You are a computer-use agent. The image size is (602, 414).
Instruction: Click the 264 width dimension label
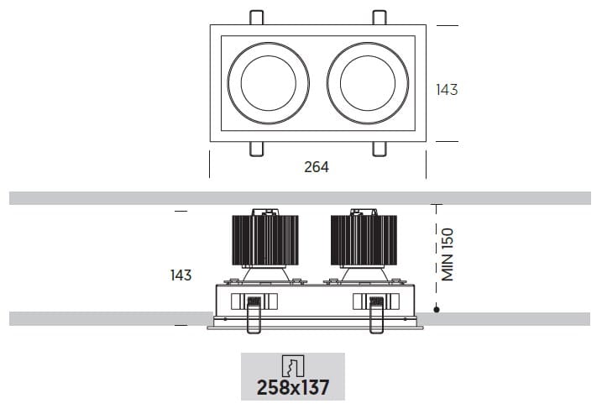coord(316,167)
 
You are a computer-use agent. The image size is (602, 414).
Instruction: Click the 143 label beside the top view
coord(447,89)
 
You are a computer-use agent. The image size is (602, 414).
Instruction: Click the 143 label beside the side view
coord(181,275)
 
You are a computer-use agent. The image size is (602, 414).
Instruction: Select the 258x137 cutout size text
coord(292,387)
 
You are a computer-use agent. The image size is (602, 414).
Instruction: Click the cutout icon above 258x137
coord(292,365)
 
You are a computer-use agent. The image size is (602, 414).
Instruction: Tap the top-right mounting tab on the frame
coord(380,18)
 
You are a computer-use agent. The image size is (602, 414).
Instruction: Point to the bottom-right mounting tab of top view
coord(380,149)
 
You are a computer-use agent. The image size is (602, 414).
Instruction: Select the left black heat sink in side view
coord(265,240)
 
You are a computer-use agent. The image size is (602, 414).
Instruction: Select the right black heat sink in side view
coord(364,240)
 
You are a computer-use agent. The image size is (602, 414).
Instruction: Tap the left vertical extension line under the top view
coord(209,165)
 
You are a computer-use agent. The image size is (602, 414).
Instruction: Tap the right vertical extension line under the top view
coord(426,165)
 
